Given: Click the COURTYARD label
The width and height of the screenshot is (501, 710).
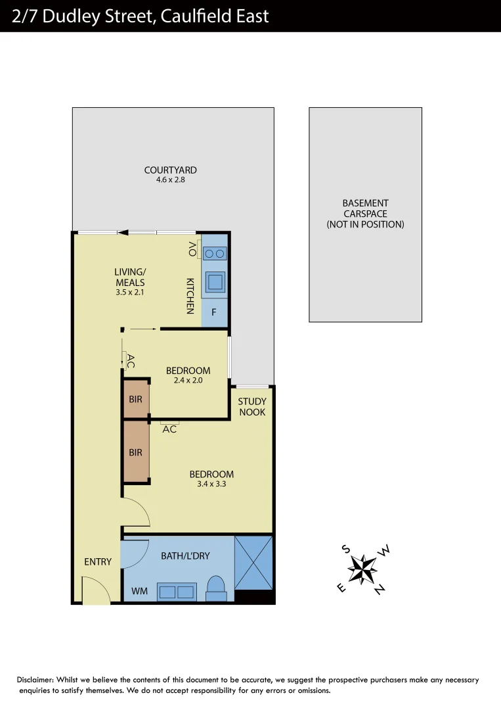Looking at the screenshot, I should point(170,170).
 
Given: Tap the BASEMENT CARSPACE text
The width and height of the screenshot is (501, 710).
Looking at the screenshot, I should point(365,214).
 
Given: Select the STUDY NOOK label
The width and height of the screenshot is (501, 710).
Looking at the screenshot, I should point(252,407).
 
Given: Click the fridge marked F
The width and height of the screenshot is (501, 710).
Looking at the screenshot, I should point(214,313).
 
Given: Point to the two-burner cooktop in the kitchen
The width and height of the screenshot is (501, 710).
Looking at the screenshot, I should point(214,253).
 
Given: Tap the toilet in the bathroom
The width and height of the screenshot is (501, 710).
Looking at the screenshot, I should point(215,587).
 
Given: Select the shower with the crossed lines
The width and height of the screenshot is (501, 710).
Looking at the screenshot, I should point(253,563).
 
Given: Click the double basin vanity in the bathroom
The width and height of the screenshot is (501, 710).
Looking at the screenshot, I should point(177,592).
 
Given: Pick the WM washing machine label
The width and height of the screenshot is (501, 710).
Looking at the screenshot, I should point(139,592).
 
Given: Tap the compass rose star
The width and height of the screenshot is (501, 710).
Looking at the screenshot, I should point(362,569).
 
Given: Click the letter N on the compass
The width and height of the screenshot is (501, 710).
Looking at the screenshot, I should point(380,590).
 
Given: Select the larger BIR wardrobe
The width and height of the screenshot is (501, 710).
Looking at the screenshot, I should point(136,452).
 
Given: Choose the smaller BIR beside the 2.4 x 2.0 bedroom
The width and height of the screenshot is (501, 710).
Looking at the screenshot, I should point(136,398).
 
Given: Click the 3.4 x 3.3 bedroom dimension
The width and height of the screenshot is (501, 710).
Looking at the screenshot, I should point(211,485).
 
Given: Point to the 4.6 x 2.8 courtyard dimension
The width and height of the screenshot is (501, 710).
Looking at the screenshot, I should point(170,179).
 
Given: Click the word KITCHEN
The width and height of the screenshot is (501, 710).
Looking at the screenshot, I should point(190,295).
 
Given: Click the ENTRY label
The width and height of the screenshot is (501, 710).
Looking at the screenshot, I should point(98,562).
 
